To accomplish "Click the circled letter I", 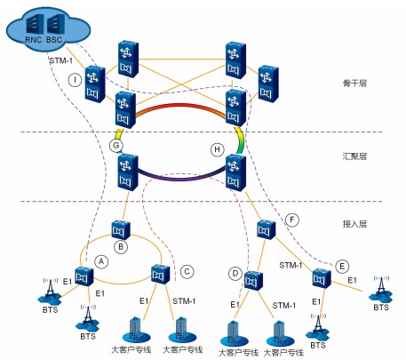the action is point(75,80).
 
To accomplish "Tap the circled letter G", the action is point(116,146).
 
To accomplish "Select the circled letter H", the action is point(218,149).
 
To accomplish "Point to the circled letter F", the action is point(292,220).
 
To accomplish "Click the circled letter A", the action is point(101,261).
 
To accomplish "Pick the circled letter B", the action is point(121,247).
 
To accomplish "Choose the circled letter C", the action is point(187,272).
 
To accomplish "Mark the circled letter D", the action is point(235,273).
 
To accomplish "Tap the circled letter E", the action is point(342,266).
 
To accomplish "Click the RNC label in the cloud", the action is point(34,40).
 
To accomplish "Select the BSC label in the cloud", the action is point(54,40).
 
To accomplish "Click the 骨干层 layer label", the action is point(354,84).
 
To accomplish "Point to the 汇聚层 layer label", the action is point(354,156).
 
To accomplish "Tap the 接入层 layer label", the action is point(354,224).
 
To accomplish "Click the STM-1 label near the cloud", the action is point(61,60).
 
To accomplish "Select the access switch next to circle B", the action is point(121,229).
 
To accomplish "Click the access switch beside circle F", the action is point(267,229).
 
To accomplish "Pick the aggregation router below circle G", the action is point(128,172).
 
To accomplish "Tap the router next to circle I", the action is point(95,84).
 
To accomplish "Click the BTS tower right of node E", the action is point(381,289).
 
